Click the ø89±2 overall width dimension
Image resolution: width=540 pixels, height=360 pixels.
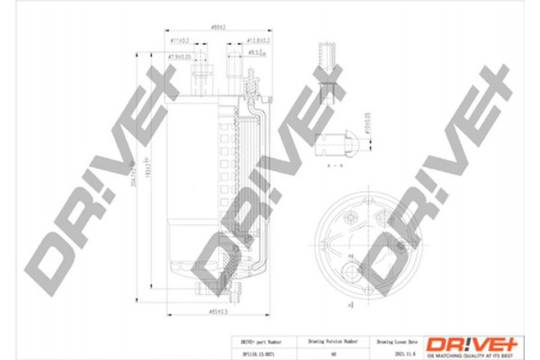[217, 28]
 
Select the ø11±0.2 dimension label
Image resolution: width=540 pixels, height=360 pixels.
[179, 41]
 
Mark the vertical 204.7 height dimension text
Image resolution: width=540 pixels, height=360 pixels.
[134, 180]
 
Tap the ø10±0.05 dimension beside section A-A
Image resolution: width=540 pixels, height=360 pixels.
[368, 134]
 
